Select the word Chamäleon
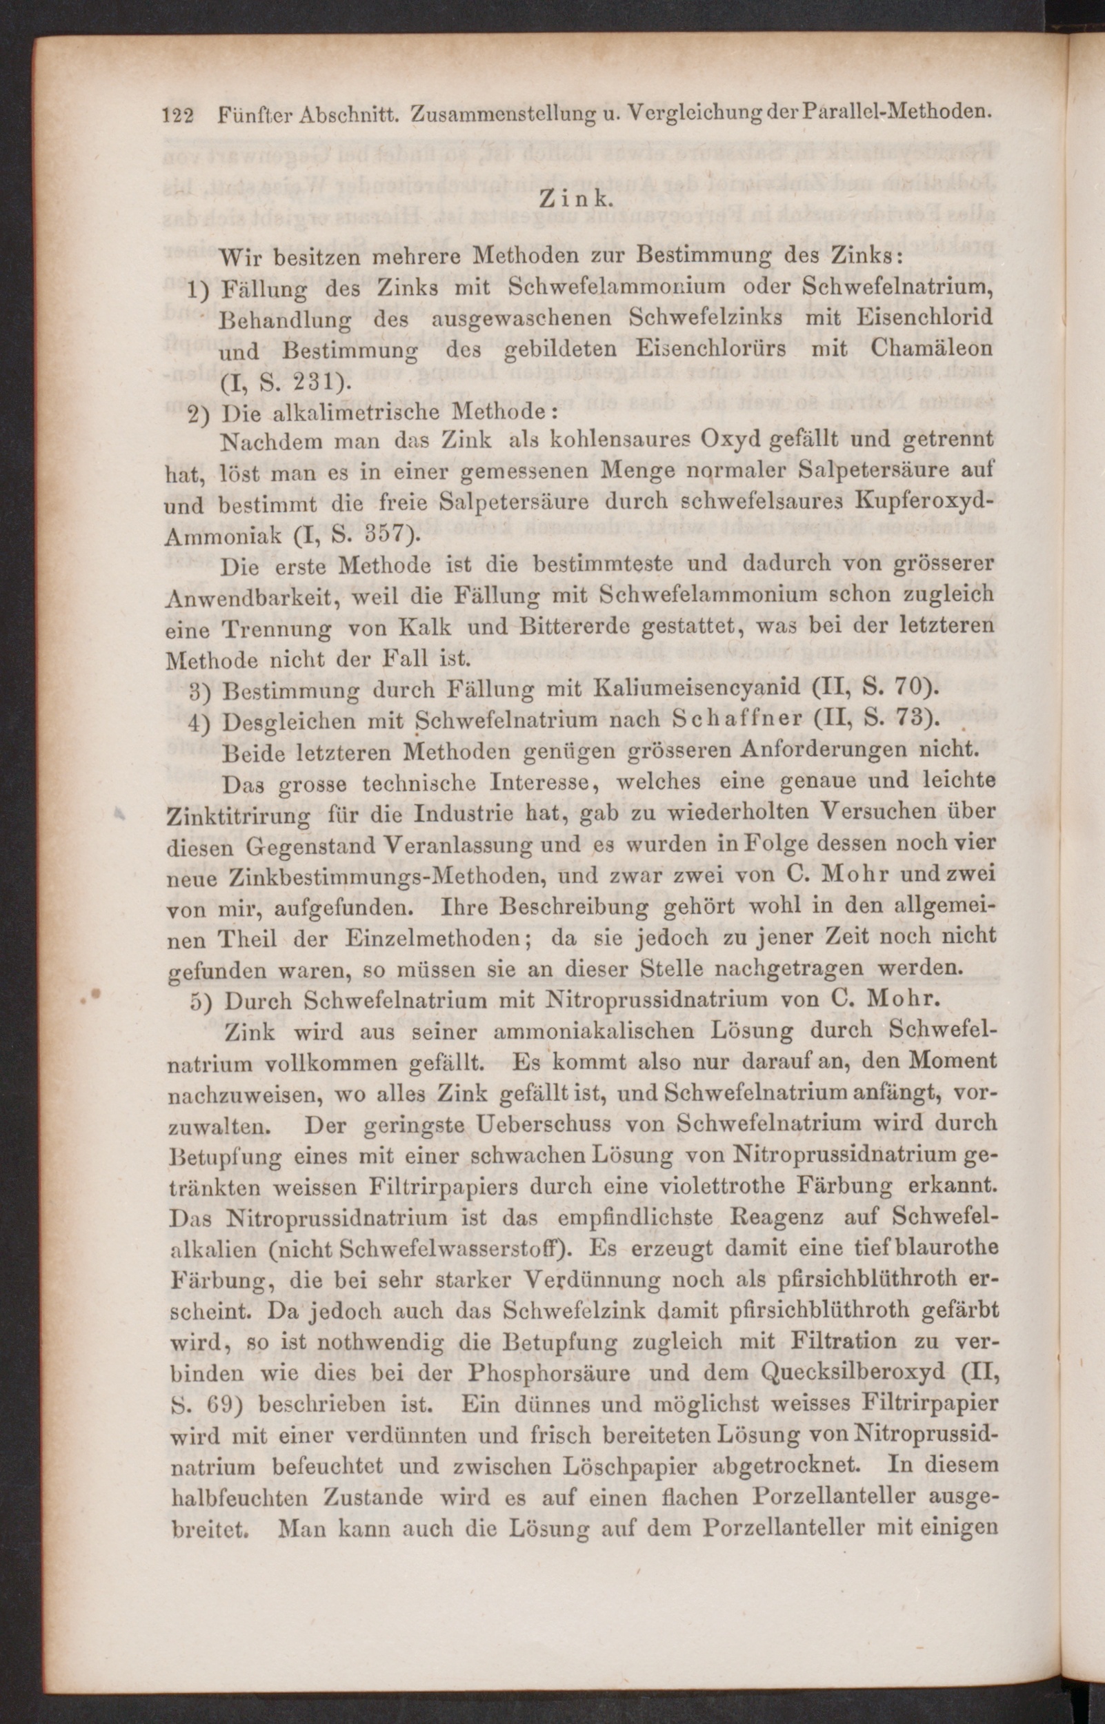coord(932,349)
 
